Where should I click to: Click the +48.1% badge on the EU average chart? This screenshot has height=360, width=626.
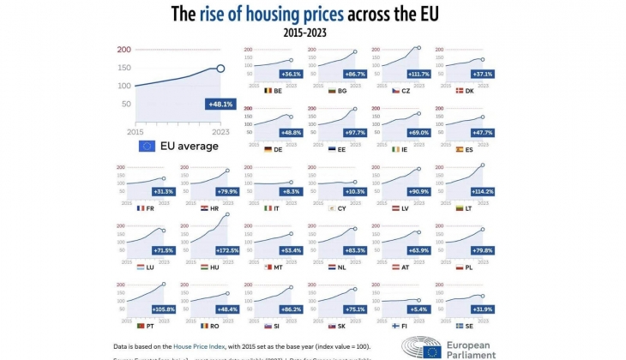220,104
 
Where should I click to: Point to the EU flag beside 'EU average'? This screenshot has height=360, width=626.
146,146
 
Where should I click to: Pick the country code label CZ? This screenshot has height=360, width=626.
406,90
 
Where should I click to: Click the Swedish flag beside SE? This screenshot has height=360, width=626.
460,326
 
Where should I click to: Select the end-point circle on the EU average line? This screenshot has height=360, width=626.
220,68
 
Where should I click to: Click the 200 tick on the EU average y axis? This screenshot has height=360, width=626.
124,49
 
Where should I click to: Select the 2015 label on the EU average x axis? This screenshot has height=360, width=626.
135,131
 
